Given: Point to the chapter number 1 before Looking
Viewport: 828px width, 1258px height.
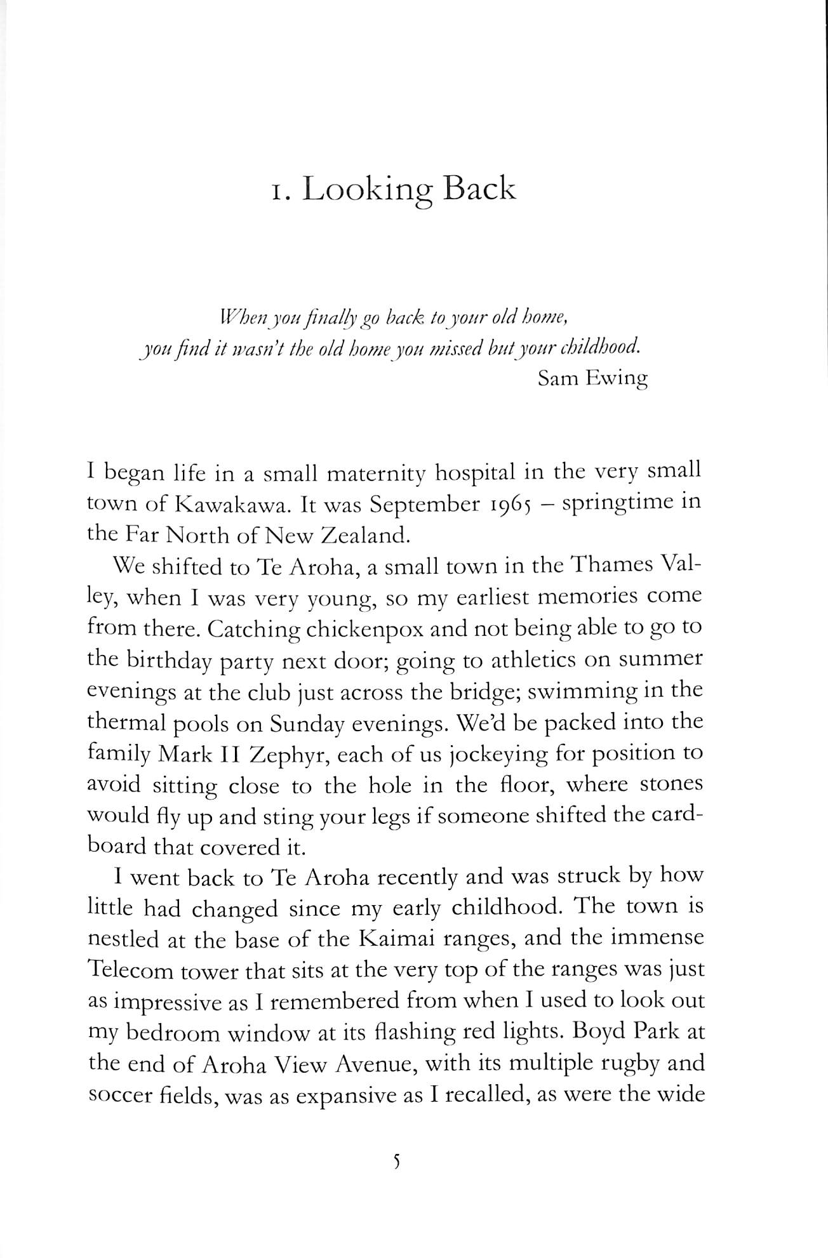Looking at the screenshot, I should tap(277, 191).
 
